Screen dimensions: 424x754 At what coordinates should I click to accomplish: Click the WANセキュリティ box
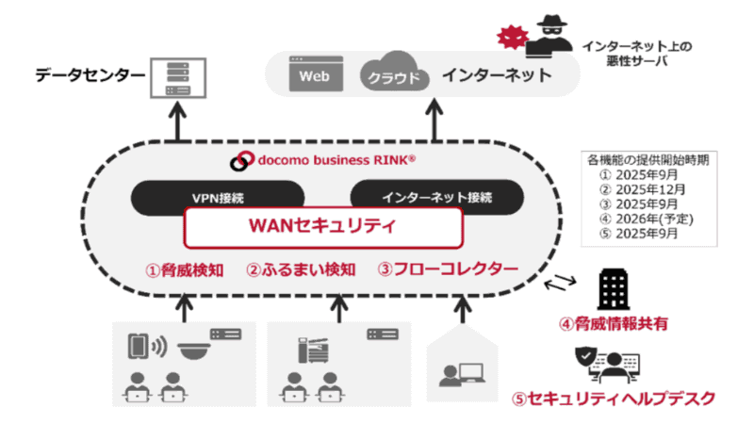pos(323,226)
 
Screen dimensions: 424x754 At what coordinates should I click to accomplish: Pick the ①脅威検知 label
pos(184,269)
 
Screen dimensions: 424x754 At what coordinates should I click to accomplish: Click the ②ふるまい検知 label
pos(301,269)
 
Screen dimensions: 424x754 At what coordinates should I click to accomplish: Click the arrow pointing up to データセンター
pos(176,122)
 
